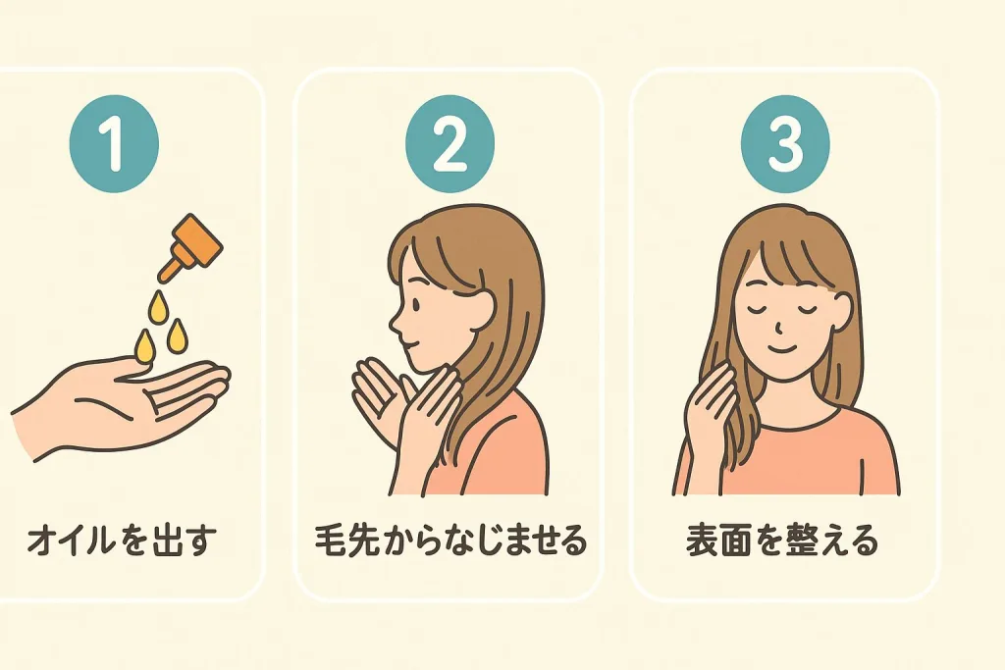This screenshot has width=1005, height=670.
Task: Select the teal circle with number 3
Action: (784, 149)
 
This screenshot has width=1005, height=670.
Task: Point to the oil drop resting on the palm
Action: (145, 347)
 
